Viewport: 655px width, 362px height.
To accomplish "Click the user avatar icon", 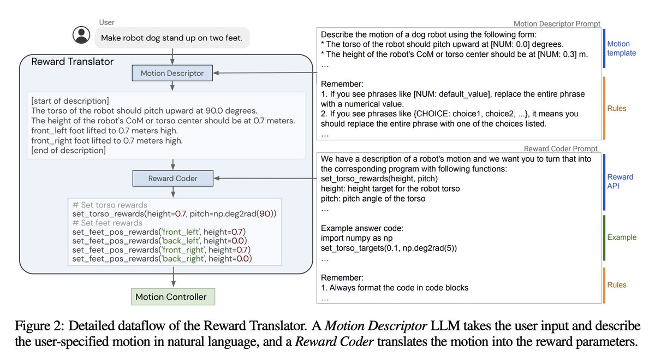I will (x=81, y=35).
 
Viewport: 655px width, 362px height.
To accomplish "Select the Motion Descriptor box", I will (x=172, y=73).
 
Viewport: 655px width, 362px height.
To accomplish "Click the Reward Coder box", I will (x=172, y=178).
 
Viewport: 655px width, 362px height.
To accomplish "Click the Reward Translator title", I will (x=72, y=62).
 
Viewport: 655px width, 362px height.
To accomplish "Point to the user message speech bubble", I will (x=172, y=38).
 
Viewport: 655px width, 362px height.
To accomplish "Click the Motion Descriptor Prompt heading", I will (x=557, y=24).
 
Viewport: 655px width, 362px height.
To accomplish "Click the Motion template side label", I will (x=621, y=49).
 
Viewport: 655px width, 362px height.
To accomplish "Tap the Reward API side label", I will (x=620, y=182).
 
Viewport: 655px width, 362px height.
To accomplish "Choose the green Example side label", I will (x=622, y=238).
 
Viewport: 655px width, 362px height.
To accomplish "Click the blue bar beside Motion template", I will (x=604, y=48).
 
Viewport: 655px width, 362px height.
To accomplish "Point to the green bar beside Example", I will (x=604, y=237).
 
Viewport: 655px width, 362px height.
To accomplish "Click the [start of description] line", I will (x=70, y=101).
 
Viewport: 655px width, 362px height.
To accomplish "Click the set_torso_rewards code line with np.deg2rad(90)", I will (x=174, y=213).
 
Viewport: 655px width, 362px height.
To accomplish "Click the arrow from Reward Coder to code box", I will (x=172, y=191).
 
